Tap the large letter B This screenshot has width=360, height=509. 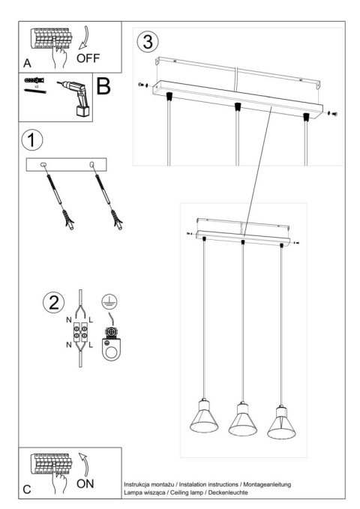[103, 87]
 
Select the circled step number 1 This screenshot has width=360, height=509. [31, 139]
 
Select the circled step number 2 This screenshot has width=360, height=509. [52, 304]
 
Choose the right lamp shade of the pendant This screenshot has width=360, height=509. [282, 424]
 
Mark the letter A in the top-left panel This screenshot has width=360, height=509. [28, 62]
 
